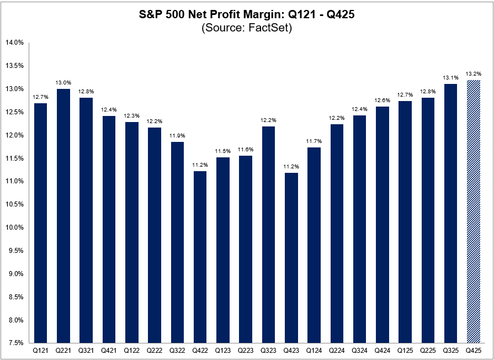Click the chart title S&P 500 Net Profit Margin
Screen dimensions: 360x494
click(247, 15)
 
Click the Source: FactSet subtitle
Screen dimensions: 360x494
click(247, 28)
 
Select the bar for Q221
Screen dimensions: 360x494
click(63, 215)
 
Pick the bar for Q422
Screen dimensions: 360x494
click(200, 257)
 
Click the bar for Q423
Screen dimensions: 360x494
click(291, 258)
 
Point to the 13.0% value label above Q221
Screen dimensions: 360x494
click(63, 83)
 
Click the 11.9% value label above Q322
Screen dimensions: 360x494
click(178, 136)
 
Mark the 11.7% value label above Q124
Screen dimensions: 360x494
click(315, 141)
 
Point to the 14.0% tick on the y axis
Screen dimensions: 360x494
click(15, 43)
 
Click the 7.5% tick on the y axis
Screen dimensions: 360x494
click(16, 343)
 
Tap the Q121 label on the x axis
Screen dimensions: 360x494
click(40, 350)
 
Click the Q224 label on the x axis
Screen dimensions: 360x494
click(337, 350)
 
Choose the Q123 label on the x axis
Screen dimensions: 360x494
click(223, 350)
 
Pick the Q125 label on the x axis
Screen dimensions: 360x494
click(406, 350)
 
